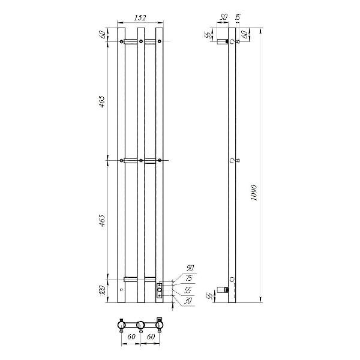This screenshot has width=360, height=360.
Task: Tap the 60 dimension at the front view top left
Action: [x=103, y=34]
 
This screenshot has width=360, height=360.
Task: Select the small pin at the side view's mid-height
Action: [x=238, y=160]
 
